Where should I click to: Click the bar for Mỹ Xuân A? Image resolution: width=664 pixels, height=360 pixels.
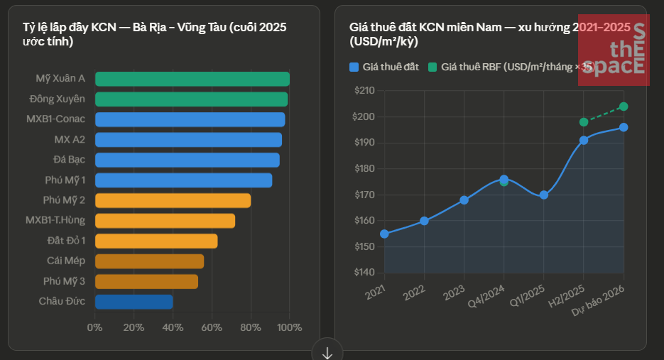point(192,79)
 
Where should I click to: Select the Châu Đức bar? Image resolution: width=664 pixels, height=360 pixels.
point(134,302)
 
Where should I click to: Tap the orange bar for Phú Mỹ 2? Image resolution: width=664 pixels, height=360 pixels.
point(173,200)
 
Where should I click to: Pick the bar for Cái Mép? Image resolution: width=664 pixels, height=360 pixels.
point(149,261)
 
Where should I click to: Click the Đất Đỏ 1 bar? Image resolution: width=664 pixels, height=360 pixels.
point(156,241)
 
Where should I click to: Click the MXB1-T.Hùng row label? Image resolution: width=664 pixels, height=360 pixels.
point(55,221)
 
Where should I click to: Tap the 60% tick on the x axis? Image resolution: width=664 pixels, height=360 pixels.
point(211,327)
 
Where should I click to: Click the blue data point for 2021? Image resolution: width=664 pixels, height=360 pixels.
point(384,234)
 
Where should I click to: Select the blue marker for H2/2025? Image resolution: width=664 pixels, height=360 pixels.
point(584,140)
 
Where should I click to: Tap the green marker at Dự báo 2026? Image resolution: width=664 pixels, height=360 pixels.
point(624,107)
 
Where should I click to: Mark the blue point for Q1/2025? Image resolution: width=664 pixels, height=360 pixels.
point(544,195)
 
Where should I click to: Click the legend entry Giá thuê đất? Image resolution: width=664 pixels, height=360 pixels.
point(384,67)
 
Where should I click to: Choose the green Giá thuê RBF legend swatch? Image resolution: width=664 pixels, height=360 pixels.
point(432,67)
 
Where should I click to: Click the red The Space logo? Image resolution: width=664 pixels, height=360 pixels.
point(614,50)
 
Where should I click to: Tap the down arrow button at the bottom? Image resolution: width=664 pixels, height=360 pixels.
point(327,351)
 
